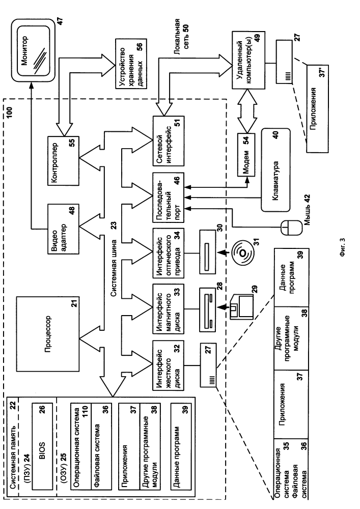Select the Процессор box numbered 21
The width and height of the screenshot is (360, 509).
click(x=48, y=334)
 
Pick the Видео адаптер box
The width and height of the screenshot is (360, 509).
click(x=63, y=229)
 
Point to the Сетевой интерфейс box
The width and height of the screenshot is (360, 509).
click(x=168, y=141)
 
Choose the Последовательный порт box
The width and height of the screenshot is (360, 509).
click(x=168, y=197)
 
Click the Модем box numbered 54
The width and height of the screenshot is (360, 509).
click(x=246, y=155)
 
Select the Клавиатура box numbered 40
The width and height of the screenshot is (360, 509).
click(x=276, y=169)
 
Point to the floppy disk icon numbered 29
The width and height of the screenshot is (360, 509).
click(x=241, y=307)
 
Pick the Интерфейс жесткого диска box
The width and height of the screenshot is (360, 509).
click(x=168, y=365)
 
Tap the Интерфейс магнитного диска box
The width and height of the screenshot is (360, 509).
click(x=168, y=309)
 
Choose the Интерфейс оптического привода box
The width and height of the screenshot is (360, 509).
click(x=168, y=253)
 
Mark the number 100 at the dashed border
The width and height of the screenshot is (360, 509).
click(x=9, y=112)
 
